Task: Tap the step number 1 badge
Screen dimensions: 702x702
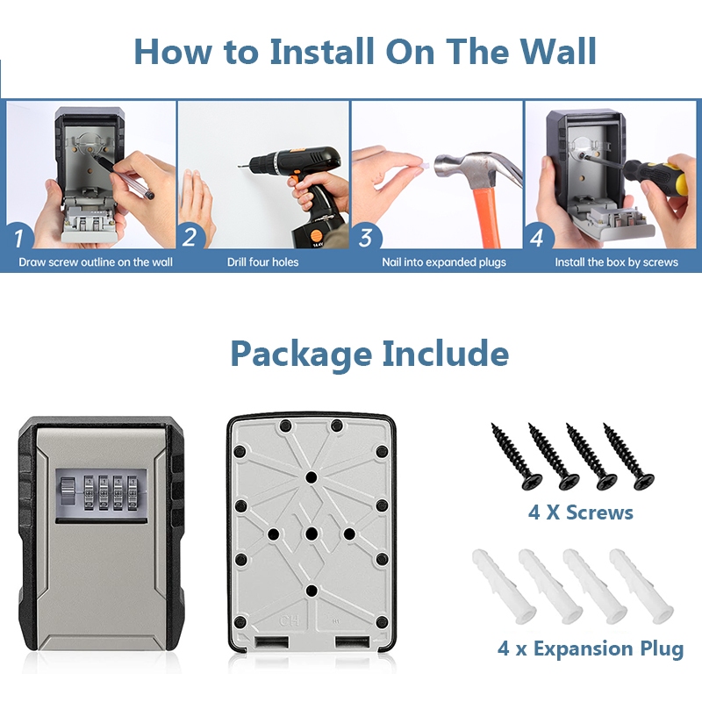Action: coord(18,236)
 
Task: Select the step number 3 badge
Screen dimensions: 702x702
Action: coord(366,237)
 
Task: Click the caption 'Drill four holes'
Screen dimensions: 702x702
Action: coord(262,261)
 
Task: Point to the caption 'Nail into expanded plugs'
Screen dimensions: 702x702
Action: coord(444,261)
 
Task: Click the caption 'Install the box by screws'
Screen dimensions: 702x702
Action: coord(617,261)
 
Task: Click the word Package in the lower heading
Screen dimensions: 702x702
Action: coord(301,354)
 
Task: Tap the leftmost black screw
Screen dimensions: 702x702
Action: coord(517,455)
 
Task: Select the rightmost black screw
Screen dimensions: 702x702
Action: coord(628,455)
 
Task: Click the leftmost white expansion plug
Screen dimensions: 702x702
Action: coord(504,585)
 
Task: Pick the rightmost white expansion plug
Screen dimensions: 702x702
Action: coord(641,585)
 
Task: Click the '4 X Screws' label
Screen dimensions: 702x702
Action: coord(581,512)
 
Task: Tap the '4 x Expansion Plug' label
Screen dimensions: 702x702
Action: coord(591,648)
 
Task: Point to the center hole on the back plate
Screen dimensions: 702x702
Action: coord(312,534)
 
